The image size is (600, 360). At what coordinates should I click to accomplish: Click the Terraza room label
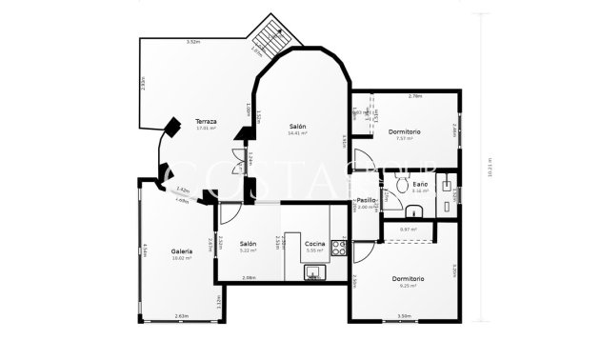tap(206, 122)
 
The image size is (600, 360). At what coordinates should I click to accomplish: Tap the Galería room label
tap(182, 251)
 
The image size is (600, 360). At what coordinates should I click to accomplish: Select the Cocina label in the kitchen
tap(315, 245)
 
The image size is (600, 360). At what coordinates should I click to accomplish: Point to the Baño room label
tap(421, 185)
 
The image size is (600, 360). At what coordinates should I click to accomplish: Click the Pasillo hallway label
tap(367, 200)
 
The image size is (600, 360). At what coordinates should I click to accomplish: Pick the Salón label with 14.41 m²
tap(298, 127)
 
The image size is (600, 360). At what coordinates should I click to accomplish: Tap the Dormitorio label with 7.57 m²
tap(405, 131)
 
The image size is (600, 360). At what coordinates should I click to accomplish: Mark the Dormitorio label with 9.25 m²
tap(408, 278)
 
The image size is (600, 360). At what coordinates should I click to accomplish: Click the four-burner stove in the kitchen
tap(337, 249)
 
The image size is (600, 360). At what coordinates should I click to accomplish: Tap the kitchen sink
tap(314, 273)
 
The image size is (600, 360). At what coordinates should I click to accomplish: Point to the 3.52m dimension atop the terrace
tap(192, 42)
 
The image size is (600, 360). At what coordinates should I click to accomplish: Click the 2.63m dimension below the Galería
tap(181, 316)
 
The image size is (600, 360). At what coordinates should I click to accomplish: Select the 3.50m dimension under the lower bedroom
tap(404, 316)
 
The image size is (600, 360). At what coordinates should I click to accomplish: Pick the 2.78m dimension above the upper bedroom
tap(414, 95)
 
